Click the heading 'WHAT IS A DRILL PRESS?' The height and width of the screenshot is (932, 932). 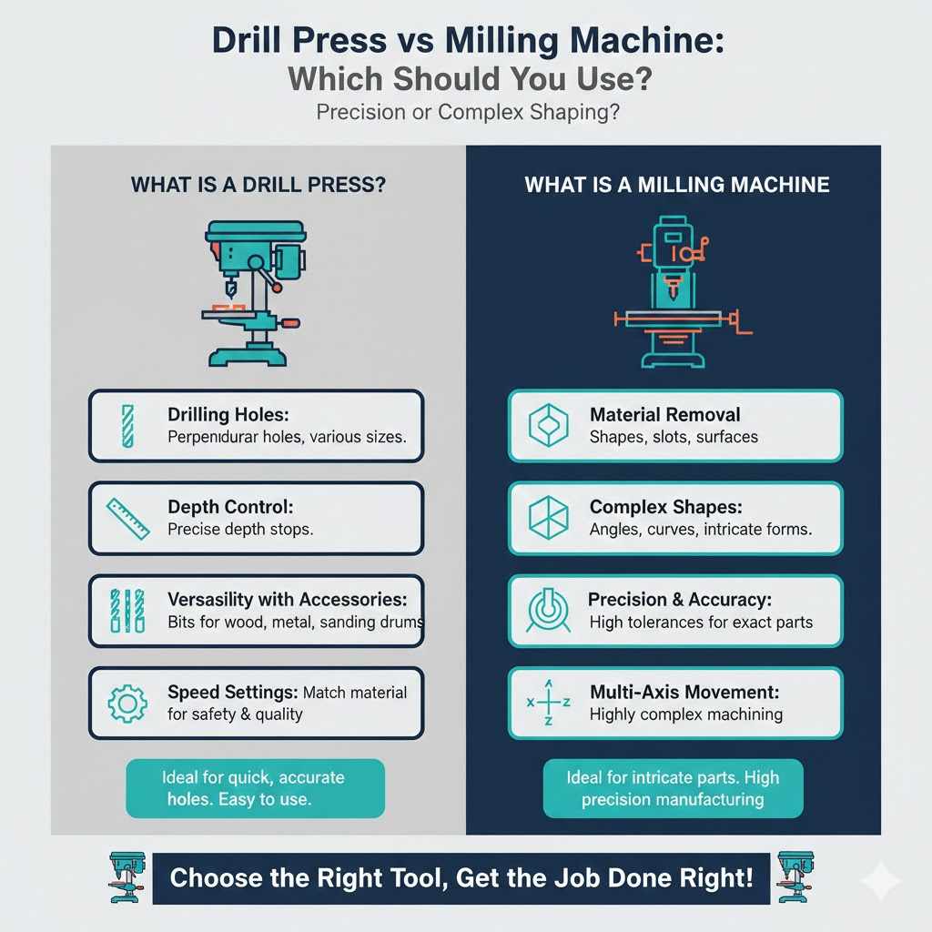258,185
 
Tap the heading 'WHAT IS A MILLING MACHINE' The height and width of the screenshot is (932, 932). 677,185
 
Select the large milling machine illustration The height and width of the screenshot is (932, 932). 677,292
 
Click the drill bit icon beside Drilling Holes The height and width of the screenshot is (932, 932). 127,426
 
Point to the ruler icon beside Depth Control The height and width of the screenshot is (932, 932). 127,518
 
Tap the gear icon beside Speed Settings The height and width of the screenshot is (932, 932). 127,704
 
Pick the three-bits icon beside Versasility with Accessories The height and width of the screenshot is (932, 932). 127,611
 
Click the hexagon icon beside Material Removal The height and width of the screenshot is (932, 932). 548,426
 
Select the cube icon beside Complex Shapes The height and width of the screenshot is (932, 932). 548,518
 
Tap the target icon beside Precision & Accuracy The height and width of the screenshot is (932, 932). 548,611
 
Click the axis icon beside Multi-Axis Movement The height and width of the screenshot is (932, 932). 548,703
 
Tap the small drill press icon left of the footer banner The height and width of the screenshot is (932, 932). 127,877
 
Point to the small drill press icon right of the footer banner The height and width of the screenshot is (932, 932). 795,877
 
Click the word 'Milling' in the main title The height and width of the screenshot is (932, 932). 501,42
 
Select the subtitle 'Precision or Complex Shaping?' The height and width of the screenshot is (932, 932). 468,112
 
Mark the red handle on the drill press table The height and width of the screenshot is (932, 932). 290,323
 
